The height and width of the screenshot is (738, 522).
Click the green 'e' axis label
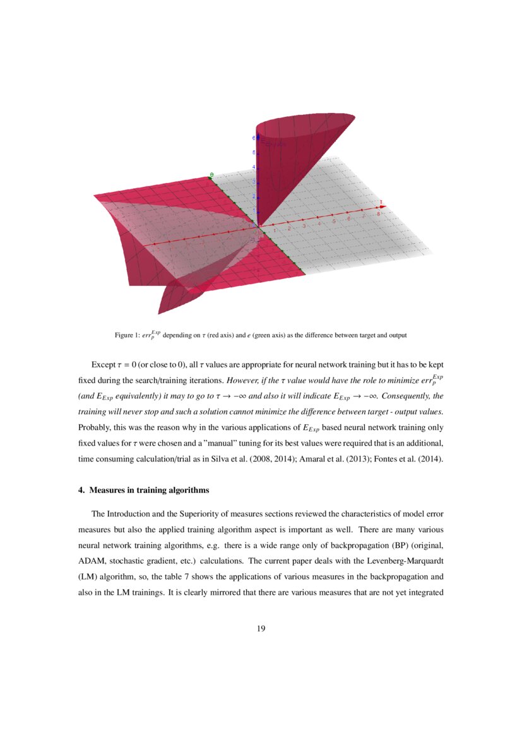[x=212, y=174]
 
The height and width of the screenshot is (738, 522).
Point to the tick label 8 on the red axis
[x=378, y=215]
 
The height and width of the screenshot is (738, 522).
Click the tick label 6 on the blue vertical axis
[x=254, y=138]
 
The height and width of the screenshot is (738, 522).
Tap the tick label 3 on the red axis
[x=304, y=225]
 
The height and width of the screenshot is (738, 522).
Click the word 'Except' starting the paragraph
[x=104, y=366]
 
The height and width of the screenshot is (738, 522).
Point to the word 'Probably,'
[x=95, y=427]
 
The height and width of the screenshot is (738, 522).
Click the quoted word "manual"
[x=191, y=443]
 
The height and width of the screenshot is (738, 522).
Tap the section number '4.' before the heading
[x=81, y=490]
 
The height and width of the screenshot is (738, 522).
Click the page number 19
[x=261, y=628]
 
